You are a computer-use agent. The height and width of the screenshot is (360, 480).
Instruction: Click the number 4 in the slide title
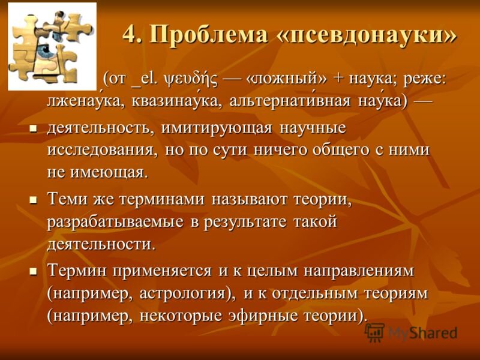(x=128, y=35)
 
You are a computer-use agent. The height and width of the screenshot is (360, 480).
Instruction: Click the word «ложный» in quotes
(x=286, y=80)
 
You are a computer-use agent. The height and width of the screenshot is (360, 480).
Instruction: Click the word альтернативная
(x=290, y=101)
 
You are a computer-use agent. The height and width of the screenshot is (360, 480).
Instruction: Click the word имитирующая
(x=217, y=128)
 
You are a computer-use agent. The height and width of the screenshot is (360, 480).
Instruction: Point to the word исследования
(x=103, y=151)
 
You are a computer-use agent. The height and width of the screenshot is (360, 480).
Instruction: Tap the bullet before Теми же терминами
(x=33, y=200)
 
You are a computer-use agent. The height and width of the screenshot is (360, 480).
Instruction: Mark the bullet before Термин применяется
(x=33, y=271)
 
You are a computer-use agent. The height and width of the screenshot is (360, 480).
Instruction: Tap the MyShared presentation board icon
(x=374, y=332)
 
